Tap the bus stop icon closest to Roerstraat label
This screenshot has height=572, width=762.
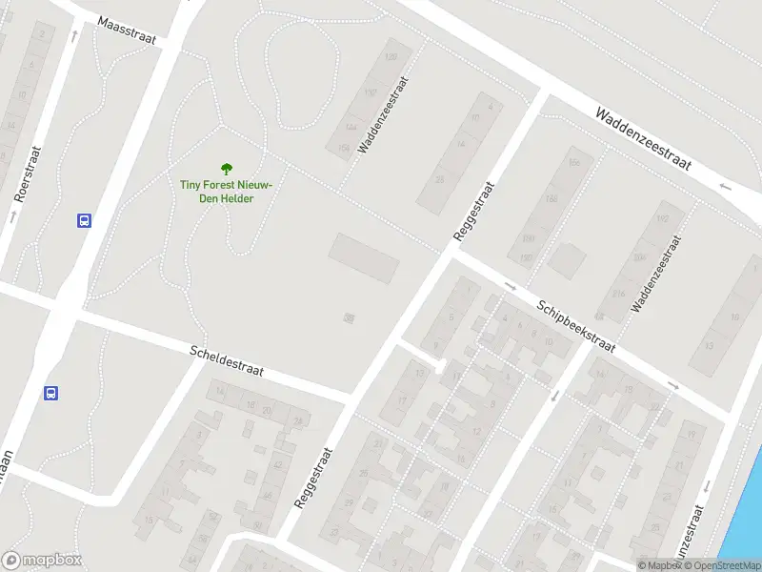(84, 221)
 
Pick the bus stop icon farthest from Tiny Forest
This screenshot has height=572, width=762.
(51, 393)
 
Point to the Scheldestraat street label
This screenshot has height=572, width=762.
(228, 361)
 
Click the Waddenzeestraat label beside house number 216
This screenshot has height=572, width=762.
(657, 274)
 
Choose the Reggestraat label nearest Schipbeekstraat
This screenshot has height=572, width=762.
(471, 212)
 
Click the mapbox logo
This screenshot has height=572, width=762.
(42, 561)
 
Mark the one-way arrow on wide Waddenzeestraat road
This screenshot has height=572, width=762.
(726, 186)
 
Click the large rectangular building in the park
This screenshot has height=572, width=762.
(364, 258)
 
